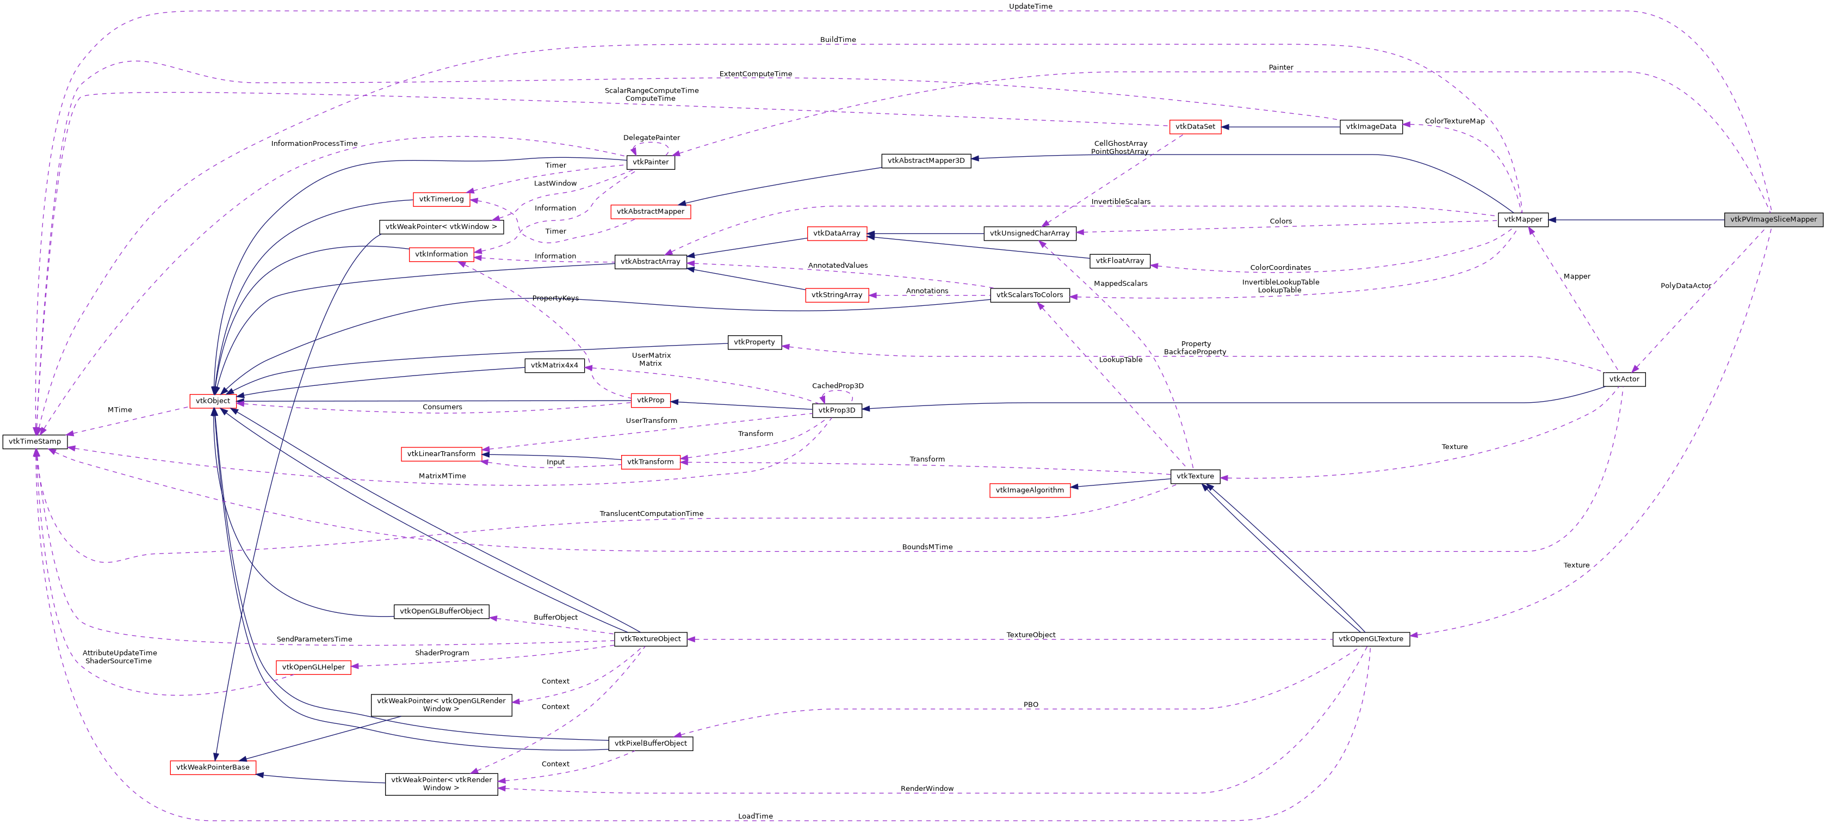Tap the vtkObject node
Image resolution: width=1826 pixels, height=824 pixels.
[213, 401]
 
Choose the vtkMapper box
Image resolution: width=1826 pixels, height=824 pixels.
[1522, 220]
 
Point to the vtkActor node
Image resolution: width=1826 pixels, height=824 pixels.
[1624, 379]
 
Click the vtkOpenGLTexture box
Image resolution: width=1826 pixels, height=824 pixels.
[1371, 639]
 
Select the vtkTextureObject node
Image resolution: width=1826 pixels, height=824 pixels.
[650, 639]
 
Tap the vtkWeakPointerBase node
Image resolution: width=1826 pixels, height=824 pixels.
[213, 767]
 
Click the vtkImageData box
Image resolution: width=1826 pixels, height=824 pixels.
[1371, 127]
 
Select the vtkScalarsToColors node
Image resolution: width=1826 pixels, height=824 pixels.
[1029, 295]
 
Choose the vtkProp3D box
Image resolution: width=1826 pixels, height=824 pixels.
[837, 410]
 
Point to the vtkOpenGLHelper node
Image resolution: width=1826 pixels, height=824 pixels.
[313, 667]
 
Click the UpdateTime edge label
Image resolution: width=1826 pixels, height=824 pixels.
[1030, 7]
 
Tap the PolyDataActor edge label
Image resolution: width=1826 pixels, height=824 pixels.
[1685, 286]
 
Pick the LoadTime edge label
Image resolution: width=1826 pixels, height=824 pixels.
[755, 816]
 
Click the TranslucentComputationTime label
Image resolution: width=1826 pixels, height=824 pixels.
[651, 513]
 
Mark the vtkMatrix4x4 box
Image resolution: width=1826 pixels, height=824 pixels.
[554, 366]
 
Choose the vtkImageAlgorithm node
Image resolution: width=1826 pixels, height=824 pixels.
[1029, 490]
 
